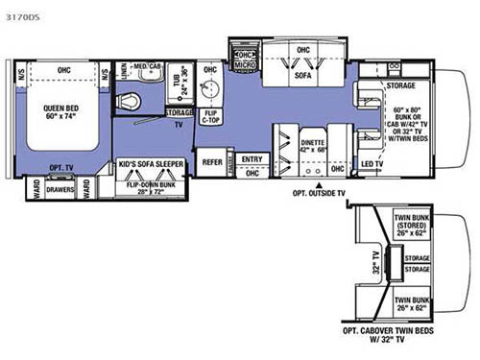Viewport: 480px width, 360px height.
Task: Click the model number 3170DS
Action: [26, 16]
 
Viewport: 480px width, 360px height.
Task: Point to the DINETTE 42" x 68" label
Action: [312, 145]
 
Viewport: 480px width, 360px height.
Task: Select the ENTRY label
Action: [252, 160]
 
